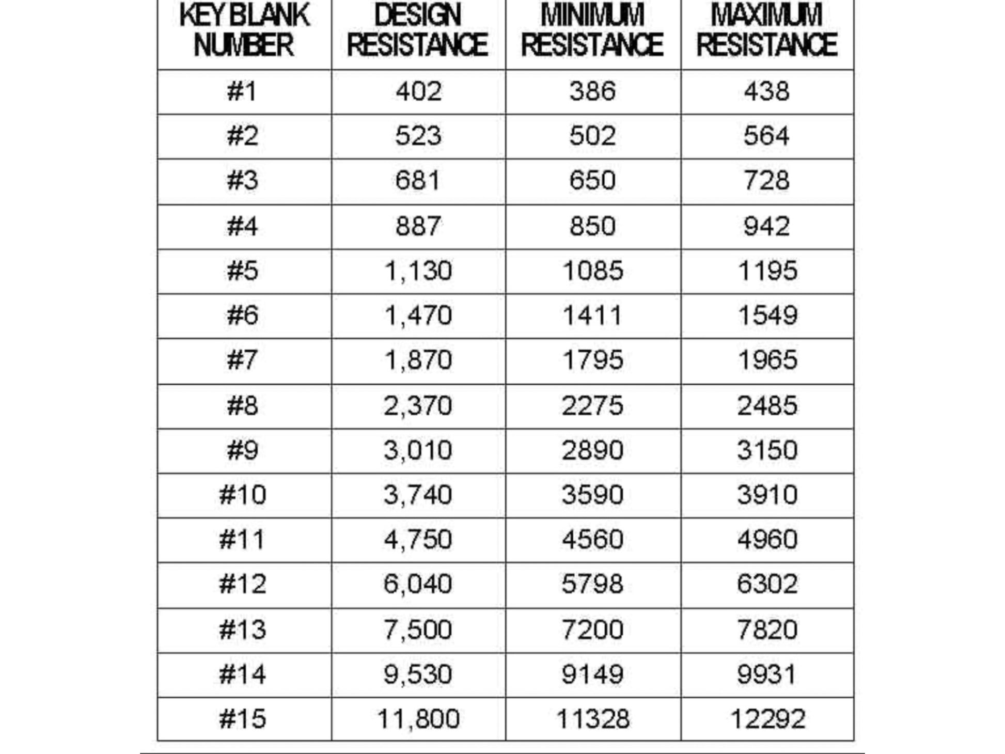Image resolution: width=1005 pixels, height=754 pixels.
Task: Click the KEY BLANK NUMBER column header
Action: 244,30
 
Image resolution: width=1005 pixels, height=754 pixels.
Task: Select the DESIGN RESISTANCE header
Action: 418,30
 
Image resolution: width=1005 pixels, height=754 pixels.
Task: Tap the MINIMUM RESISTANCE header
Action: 592,30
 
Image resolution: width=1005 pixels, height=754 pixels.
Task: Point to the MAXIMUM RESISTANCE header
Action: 767,30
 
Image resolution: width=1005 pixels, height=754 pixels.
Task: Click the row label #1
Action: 242,91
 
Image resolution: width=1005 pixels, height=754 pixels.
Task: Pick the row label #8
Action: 242,405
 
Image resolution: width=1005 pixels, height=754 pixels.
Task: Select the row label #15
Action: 242,719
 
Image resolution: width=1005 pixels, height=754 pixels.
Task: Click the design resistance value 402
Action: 418,91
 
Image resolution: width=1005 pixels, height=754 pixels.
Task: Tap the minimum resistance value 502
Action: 592,136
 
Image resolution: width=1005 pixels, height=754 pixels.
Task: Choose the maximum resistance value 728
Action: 767,181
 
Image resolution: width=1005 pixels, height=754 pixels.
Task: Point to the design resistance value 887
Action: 418,226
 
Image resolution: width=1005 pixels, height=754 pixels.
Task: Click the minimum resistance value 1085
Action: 592,271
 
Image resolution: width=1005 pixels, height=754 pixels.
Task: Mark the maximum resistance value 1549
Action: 767,316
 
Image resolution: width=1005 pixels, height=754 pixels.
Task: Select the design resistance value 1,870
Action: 418,360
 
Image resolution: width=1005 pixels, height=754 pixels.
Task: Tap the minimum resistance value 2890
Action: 592,450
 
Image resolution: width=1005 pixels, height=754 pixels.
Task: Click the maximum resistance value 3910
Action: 767,495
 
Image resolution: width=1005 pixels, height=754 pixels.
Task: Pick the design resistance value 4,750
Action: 418,540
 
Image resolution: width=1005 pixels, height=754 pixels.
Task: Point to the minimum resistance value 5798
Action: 592,584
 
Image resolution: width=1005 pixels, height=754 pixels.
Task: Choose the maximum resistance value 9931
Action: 767,674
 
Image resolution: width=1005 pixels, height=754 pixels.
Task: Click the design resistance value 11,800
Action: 418,719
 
